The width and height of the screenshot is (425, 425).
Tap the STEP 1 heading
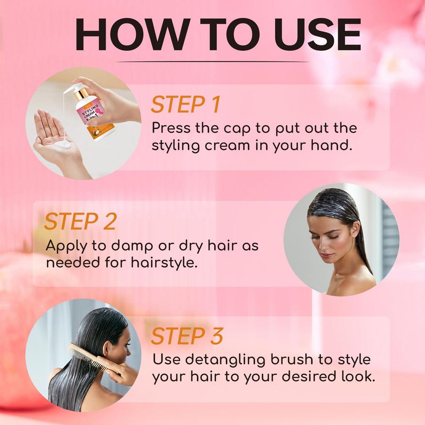pos(185,105)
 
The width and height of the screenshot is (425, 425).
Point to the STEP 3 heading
pos(187,337)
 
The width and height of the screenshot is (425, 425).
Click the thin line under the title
pos(212,62)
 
